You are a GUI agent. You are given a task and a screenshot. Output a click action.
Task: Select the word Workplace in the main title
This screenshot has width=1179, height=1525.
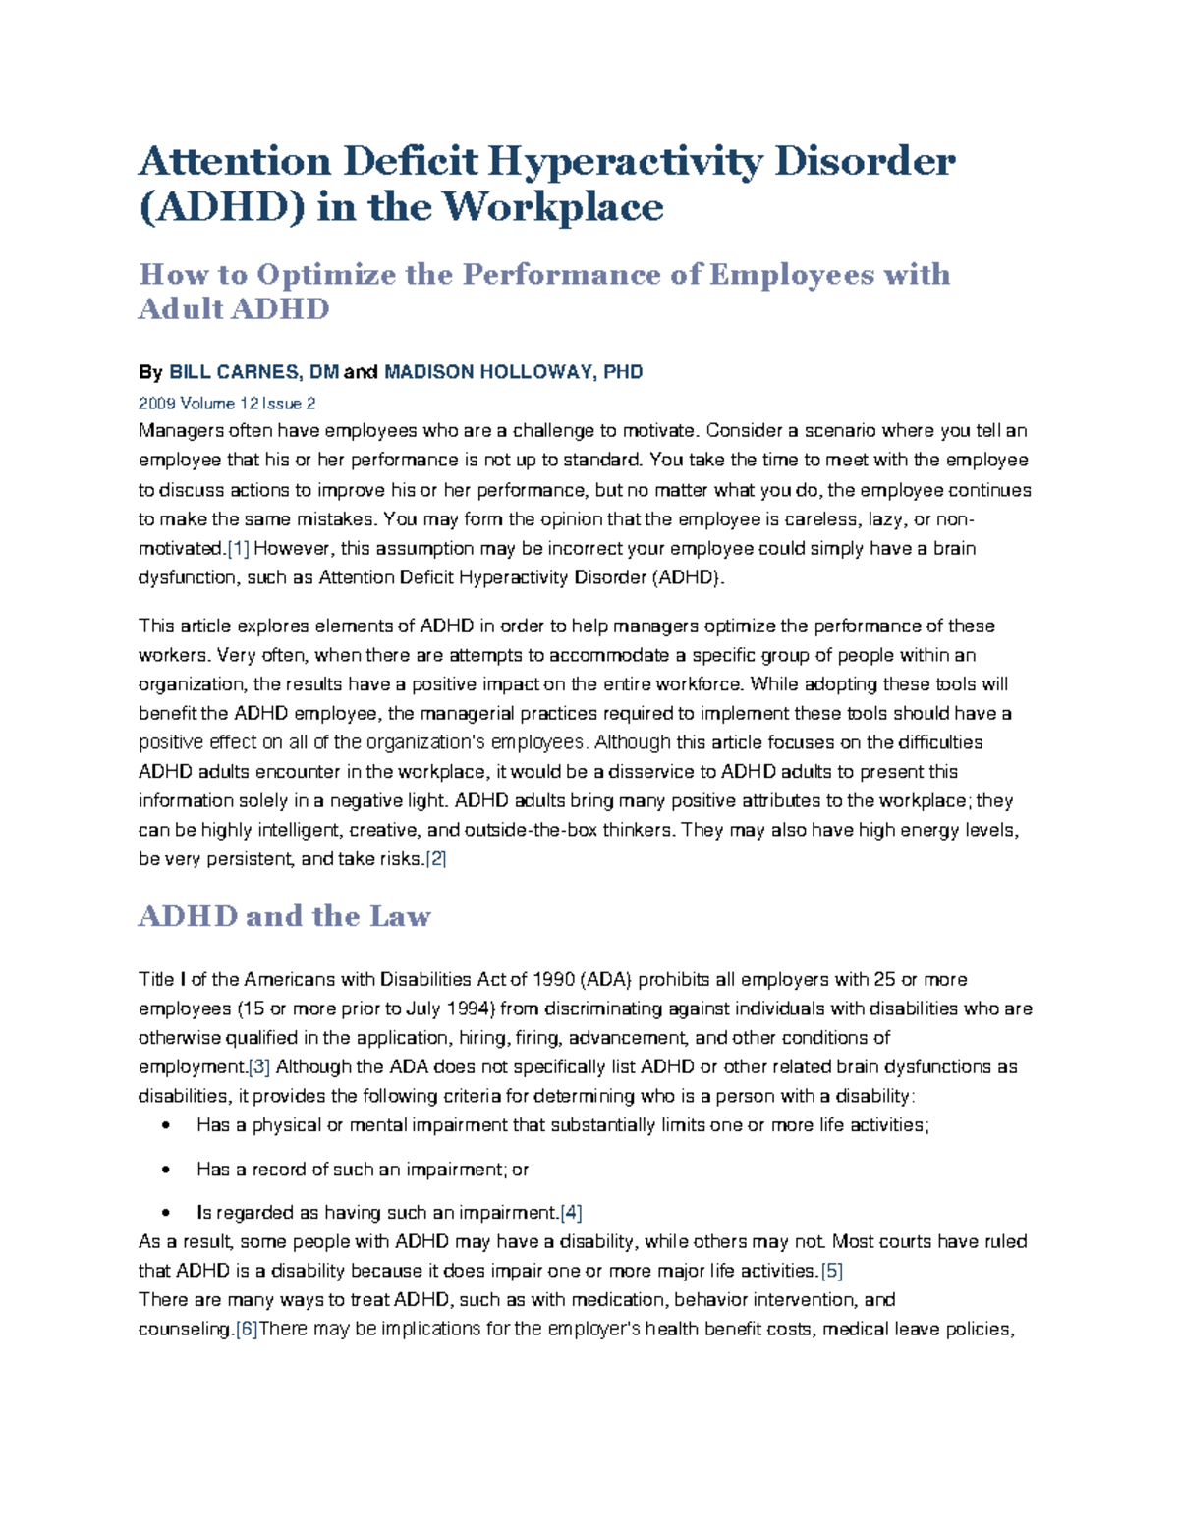coord(553,207)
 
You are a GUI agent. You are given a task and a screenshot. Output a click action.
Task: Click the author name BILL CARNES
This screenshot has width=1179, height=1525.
coord(235,372)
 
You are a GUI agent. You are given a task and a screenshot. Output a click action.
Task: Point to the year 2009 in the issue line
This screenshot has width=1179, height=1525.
coord(157,404)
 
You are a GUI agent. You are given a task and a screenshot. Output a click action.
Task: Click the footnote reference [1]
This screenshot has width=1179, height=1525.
coord(239,548)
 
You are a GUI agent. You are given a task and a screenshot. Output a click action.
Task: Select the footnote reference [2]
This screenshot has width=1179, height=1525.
coord(435,859)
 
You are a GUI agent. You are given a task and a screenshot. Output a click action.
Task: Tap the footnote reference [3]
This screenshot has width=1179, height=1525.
coord(259,1066)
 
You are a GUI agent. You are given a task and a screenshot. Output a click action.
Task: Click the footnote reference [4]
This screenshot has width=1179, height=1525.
coord(571,1213)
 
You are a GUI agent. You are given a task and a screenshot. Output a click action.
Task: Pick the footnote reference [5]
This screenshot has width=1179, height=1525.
coord(832,1271)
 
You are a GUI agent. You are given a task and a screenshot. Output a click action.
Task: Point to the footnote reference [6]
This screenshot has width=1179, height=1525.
coord(247,1329)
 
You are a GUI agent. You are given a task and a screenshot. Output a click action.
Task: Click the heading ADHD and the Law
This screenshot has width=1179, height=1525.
coord(285,916)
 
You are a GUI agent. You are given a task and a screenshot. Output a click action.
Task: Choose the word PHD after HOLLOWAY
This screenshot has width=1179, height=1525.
coord(623,372)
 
